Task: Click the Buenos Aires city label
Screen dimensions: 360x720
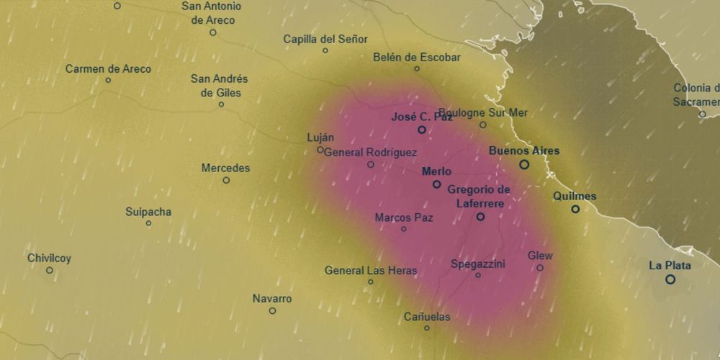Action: point(523,151)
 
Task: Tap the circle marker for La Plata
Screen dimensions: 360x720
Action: point(670,279)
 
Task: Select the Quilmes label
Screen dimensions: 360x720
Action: point(575,196)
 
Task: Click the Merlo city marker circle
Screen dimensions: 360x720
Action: point(436,184)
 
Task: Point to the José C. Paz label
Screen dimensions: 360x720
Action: point(421,117)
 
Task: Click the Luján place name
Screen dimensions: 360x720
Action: point(320,138)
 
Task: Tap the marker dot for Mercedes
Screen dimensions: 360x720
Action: point(226,180)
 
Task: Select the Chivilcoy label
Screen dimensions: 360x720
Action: point(50,258)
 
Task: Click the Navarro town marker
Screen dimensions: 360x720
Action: point(272,311)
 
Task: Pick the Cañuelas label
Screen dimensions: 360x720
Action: point(427,317)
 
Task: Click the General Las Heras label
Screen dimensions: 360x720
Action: point(371,271)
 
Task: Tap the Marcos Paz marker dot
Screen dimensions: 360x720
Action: point(403,229)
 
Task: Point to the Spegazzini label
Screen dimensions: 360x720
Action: point(478,264)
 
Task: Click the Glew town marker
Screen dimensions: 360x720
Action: point(540,268)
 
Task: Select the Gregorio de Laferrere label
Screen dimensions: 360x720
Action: point(479,197)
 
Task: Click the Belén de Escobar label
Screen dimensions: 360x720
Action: point(417,58)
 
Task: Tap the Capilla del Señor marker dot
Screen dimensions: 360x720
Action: point(325,50)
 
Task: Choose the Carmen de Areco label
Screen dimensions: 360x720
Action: point(108,69)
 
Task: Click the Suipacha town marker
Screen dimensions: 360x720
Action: point(148,223)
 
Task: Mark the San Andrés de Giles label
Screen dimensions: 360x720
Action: point(220,86)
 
